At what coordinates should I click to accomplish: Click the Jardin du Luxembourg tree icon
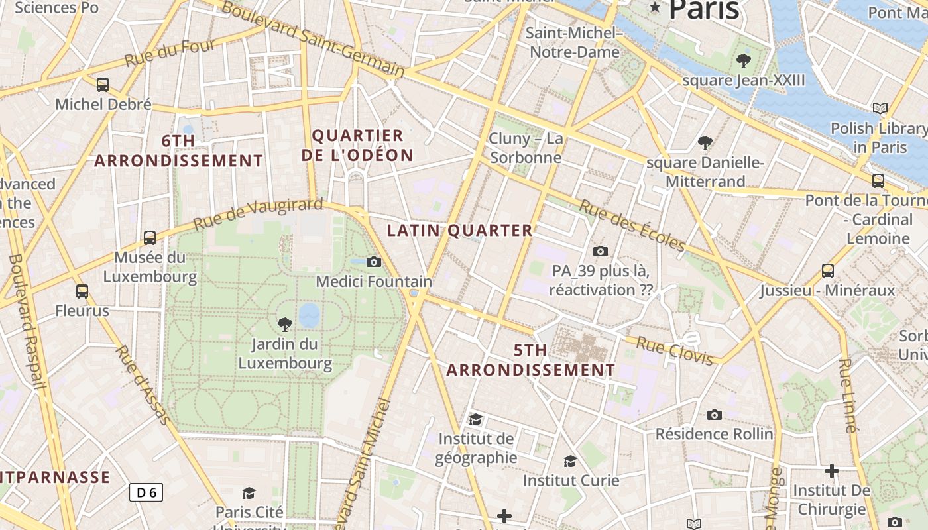285,324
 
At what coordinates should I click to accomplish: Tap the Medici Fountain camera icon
374,262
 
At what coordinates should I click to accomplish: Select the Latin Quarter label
459,231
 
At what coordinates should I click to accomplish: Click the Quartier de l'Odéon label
357,146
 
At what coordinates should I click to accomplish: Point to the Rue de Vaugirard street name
258,213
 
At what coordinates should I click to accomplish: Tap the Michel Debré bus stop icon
103,85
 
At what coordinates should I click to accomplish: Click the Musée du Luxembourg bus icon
150,238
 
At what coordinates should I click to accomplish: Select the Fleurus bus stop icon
82,291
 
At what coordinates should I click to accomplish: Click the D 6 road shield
146,492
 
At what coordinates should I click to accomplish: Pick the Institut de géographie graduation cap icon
475,419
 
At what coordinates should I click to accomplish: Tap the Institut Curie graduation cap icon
570,461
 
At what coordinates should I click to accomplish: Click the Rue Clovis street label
675,350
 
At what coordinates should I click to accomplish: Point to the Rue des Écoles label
632,225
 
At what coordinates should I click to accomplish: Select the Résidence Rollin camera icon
714,415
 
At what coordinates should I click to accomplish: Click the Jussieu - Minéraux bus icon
828,270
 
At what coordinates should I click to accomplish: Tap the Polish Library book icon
880,108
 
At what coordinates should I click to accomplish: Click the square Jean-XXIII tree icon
743,61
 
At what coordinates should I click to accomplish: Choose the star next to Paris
656,7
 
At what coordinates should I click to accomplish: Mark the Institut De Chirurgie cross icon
832,471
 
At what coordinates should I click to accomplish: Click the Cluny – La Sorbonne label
526,148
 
